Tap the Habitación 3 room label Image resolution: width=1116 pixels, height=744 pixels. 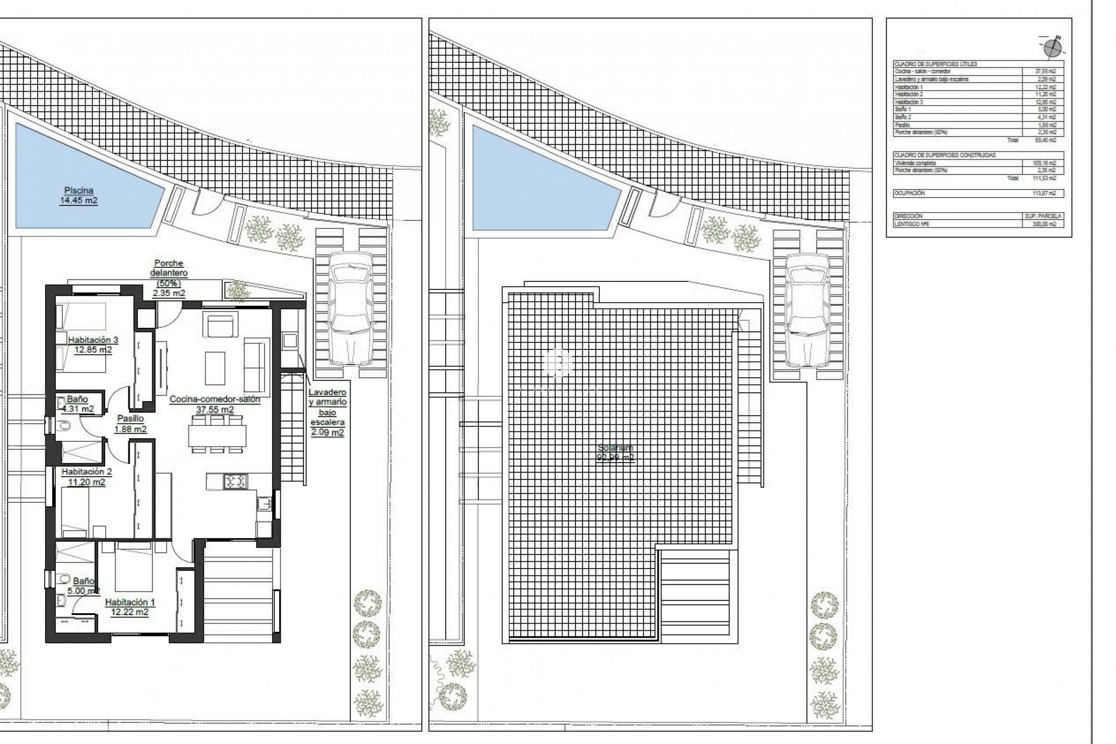point(93,345)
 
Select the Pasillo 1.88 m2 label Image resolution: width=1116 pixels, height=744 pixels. point(130,424)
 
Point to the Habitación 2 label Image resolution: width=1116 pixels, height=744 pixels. point(86,477)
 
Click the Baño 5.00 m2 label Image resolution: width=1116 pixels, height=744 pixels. point(83,585)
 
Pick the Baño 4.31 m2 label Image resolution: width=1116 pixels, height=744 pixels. point(77,403)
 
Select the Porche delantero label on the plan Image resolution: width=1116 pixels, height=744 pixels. point(169,278)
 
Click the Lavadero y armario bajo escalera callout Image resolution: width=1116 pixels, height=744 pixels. point(327,412)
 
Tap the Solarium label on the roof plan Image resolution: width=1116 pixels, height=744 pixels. point(616,452)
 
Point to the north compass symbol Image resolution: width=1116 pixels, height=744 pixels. point(1052,47)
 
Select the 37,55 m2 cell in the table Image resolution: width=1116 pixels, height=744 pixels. point(1044,71)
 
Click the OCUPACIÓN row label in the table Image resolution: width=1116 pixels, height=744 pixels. point(909,193)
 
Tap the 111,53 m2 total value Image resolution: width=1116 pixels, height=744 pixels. point(1044,178)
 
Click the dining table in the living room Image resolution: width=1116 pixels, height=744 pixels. point(217,435)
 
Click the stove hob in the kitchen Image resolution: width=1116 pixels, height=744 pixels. point(236,481)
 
